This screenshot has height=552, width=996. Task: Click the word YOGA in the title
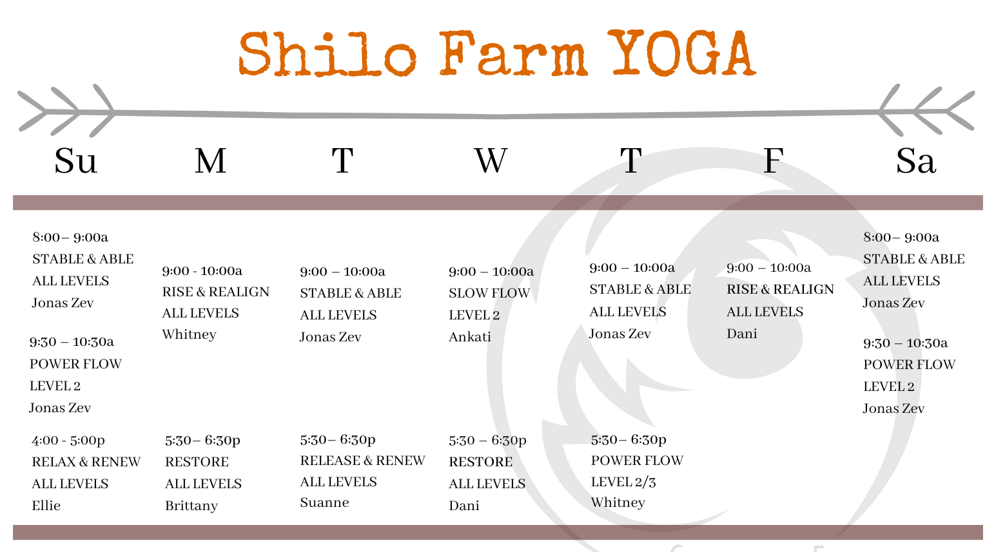click(x=681, y=54)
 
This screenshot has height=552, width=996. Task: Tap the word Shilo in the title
click(x=327, y=54)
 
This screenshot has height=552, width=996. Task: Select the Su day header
click(x=75, y=160)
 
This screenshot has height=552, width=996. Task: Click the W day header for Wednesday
click(x=491, y=160)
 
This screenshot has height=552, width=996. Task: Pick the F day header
click(x=773, y=160)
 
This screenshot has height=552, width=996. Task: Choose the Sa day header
click(x=915, y=160)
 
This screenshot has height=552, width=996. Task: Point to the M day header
click(x=211, y=160)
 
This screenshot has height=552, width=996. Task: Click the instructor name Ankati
click(x=470, y=337)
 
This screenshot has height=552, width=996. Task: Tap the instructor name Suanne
click(x=324, y=502)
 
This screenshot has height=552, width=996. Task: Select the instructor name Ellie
click(x=46, y=506)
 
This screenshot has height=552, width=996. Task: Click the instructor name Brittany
click(x=191, y=506)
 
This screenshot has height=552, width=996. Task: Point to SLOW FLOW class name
click(x=489, y=293)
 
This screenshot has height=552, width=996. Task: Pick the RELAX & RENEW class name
click(x=86, y=462)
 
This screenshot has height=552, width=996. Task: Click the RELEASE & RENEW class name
click(x=362, y=461)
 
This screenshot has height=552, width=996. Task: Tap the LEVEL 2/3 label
click(x=623, y=482)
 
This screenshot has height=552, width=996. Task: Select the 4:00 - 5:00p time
click(x=68, y=441)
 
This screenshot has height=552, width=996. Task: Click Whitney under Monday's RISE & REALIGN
click(x=189, y=334)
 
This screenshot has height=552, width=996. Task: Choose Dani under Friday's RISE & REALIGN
click(x=742, y=334)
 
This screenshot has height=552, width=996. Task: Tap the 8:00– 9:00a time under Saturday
click(x=901, y=237)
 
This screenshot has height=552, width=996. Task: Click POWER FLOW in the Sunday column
click(x=75, y=364)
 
